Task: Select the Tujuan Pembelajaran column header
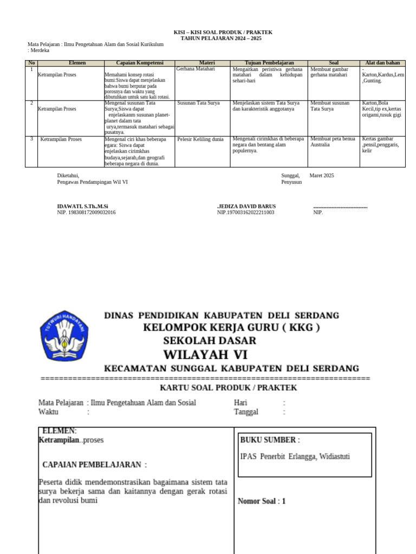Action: [x=269, y=63]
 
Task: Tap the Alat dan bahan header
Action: [x=382, y=63]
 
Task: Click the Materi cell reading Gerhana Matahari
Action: [x=196, y=69]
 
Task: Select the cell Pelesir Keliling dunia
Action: [x=200, y=139]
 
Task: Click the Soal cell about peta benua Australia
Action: [x=330, y=142]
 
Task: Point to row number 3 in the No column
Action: [x=31, y=139]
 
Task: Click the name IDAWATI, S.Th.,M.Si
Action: [x=83, y=207]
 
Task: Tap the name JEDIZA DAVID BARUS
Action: [x=248, y=207]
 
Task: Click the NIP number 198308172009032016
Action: [x=86, y=213]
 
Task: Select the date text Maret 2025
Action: [x=322, y=175]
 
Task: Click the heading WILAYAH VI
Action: [x=205, y=355]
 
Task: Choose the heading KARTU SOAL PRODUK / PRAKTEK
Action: [x=228, y=388]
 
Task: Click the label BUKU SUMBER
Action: [x=270, y=440]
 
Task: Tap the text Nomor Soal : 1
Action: [x=262, y=501]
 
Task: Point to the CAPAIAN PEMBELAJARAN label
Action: [x=94, y=465]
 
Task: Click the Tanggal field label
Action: [x=246, y=412]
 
